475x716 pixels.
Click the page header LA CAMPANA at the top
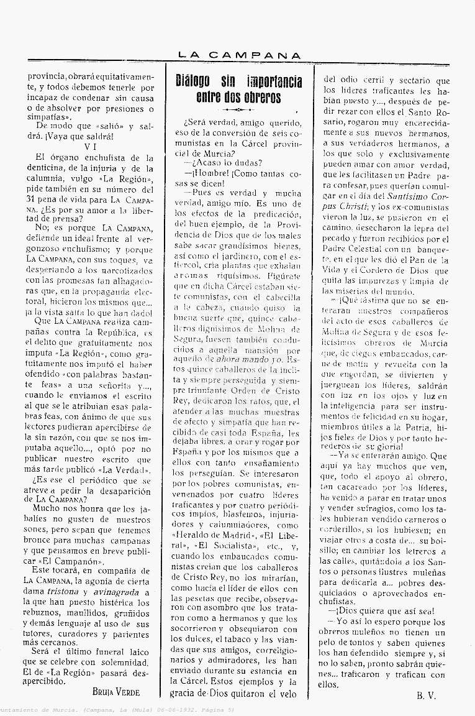coord(239,55)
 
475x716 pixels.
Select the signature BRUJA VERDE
coord(115,691)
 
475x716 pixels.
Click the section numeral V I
coord(90,147)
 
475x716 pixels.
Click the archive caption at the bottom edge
coord(118,710)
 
